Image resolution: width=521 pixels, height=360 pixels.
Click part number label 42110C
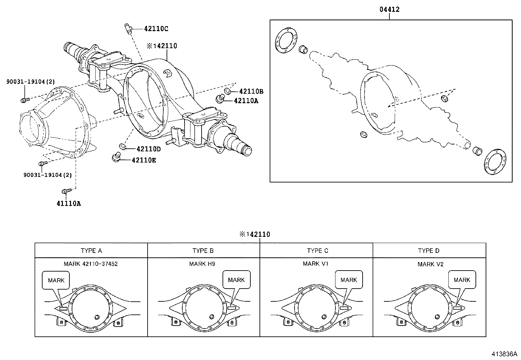point(156,29)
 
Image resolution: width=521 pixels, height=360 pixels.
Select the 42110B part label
point(251,91)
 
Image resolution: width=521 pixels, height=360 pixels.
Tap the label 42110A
point(246,101)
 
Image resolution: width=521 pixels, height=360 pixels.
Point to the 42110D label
point(149,149)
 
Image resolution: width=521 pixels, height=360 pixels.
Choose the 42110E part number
point(144,160)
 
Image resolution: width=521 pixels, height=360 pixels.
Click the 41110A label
point(68,203)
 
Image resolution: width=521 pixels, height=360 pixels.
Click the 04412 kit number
point(389,9)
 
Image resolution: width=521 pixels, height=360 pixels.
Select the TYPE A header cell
point(91,251)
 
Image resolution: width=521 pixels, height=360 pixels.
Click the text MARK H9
point(202,264)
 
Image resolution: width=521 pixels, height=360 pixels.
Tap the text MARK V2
point(430,264)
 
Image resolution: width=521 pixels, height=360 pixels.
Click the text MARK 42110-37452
point(91,264)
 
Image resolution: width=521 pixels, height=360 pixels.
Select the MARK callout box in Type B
point(236,280)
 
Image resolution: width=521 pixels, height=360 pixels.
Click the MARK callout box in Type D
point(462,280)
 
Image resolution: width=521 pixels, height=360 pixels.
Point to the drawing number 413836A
point(504,354)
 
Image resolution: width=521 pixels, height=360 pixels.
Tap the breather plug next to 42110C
point(128,29)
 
